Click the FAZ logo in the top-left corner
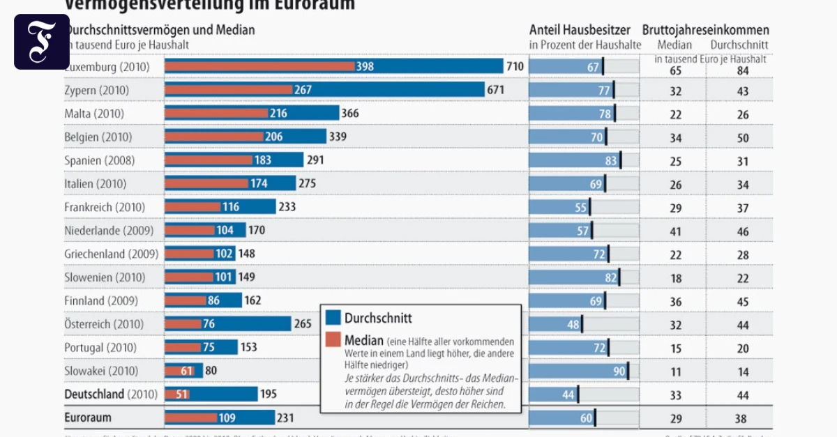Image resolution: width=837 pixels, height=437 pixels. (x=41, y=41)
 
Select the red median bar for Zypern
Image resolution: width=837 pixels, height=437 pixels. (x=228, y=90)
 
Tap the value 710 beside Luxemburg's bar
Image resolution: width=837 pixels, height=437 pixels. (x=515, y=67)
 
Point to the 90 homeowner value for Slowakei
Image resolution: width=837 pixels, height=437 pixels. (x=619, y=371)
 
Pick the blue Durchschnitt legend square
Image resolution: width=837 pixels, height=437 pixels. (x=333, y=318)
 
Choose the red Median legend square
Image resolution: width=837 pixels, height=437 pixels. (x=333, y=340)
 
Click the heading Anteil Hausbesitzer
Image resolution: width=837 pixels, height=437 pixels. (x=580, y=30)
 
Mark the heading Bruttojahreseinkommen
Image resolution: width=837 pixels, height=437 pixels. (x=706, y=30)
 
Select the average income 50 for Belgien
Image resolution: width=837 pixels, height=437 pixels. (x=743, y=137)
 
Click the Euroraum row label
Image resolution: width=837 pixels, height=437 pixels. (x=88, y=417)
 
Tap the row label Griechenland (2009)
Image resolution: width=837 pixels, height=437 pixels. (x=112, y=254)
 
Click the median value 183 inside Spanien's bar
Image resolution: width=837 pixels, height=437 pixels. (x=263, y=160)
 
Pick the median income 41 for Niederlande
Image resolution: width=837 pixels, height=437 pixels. (x=675, y=231)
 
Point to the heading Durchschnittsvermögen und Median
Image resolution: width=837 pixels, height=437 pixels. (x=160, y=30)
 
